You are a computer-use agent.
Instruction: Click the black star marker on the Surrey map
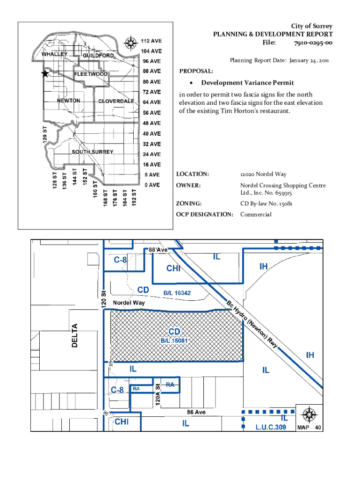coord(45,73)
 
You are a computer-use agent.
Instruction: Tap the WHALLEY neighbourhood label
coord(54,54)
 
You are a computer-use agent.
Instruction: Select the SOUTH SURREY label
coord(93,152)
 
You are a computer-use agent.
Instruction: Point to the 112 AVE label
coord(151,41)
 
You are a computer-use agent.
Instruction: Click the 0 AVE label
coord(152,185)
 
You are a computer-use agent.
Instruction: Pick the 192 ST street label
coord(134,197)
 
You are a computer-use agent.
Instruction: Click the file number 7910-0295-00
coord(313,43)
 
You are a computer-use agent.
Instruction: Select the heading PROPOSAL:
coord(196,71)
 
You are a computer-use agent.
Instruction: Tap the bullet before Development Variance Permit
coord(191,83)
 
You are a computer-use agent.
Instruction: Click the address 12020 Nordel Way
coord(263,174)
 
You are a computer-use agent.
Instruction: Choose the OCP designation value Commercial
coord(256,214)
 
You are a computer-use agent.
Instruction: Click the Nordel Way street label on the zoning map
coord(129,303)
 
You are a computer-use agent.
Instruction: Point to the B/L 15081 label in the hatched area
coord(174,341)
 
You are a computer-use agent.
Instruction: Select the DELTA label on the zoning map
coord(74,335)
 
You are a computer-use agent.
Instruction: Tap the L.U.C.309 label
coord(271,427)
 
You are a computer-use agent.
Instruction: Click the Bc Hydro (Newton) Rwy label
coord(252,324)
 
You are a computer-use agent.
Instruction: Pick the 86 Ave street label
coord(196,412)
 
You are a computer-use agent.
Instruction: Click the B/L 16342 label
coord(177,293)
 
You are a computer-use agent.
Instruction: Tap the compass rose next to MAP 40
coord(310,414)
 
